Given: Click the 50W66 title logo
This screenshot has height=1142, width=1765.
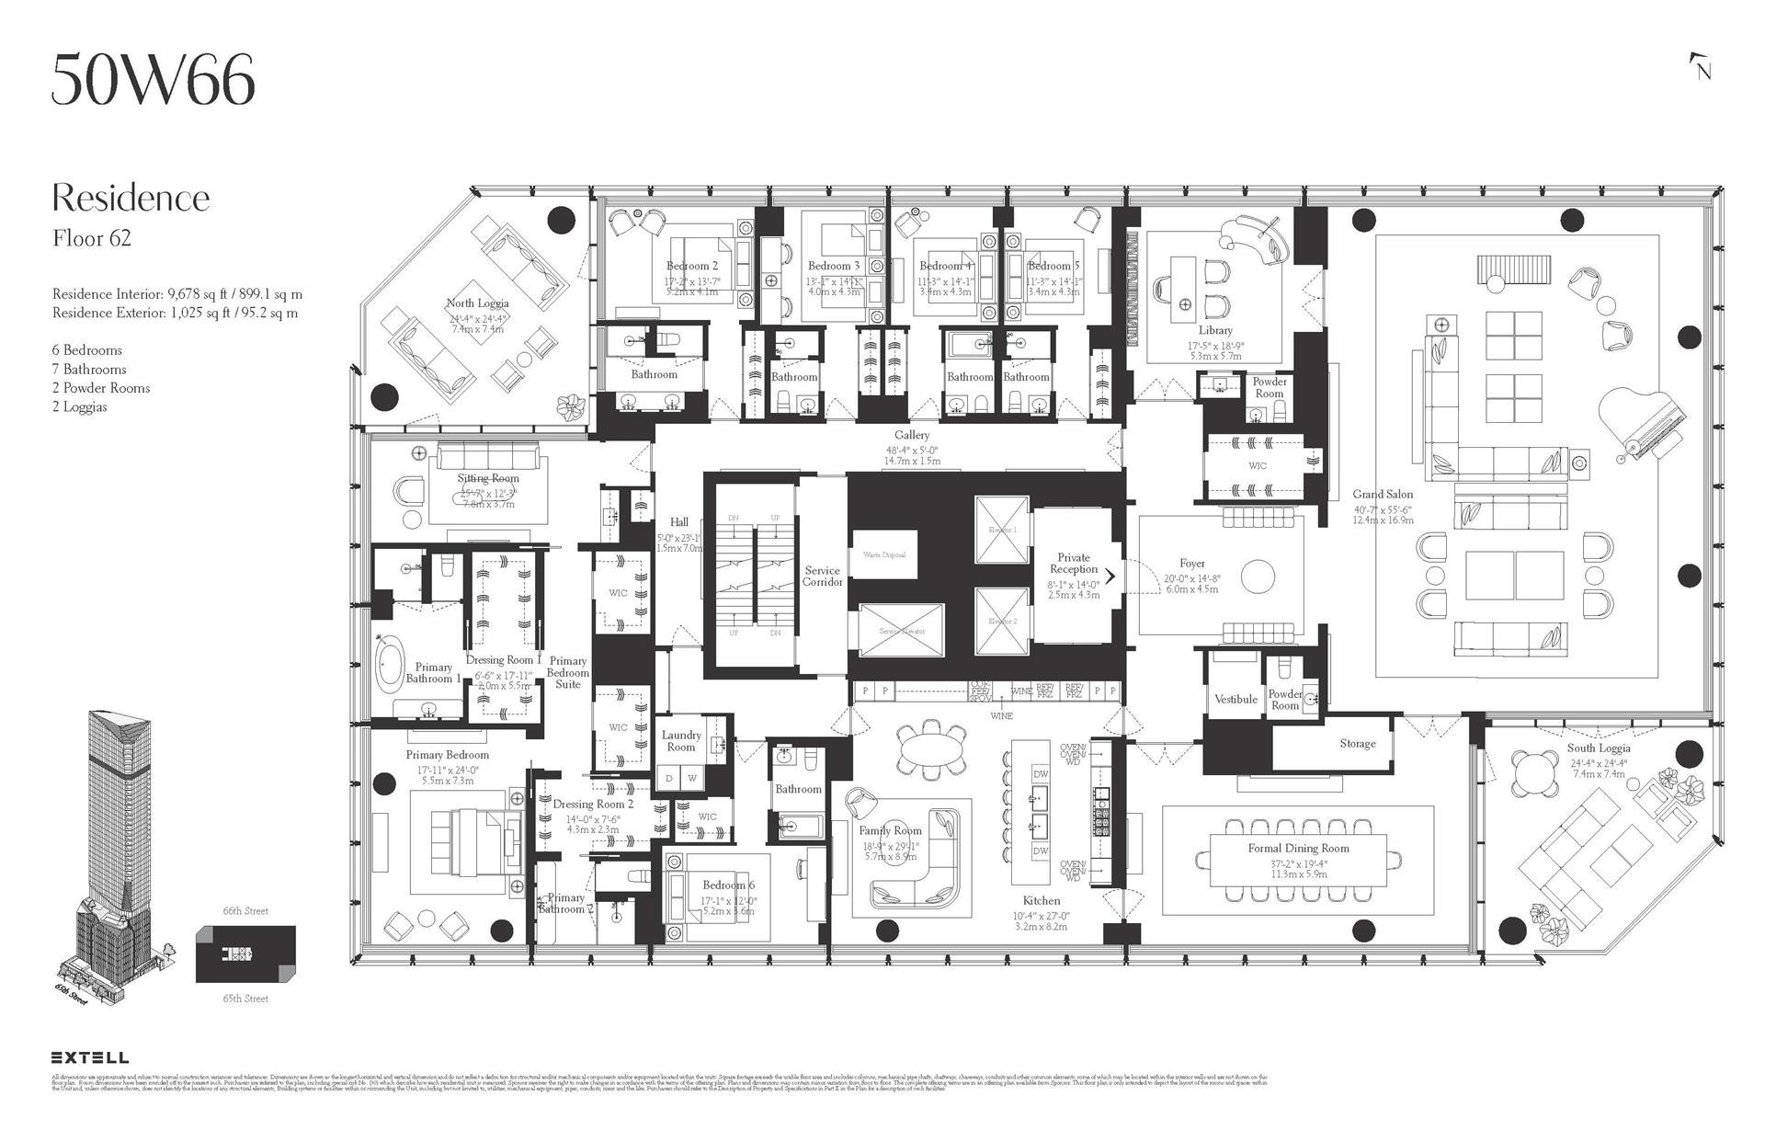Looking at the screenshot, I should [153, 80].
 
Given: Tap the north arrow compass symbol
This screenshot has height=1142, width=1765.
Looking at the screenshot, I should [1701, 67].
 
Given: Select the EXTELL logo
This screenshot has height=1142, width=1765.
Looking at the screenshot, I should [89, 1057].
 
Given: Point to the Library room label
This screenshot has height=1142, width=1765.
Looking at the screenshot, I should [1215, 330].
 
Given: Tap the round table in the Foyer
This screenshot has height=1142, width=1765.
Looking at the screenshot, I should [1258, 577].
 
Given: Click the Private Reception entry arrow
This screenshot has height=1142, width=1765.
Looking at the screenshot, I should [1110, 577].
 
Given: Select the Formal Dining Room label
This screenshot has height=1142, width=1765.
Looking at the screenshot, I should [1298, 848].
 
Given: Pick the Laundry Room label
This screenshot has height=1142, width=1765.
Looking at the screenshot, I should [681, 741].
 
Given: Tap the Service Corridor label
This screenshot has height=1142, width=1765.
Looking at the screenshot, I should [822, 577].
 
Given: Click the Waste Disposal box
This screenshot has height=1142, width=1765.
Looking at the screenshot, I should [884, 555].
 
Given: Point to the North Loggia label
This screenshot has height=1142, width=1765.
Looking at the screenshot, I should [477, 303].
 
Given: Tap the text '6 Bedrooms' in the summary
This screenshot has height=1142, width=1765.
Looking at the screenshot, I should [87, 350].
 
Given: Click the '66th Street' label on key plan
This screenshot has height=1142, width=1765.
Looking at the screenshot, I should [245, 911].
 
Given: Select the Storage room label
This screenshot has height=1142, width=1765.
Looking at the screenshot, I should [1357, 743].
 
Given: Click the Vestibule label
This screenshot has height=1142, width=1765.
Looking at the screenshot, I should [1235, 699].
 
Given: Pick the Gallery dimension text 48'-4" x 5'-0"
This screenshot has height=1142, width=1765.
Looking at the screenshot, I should [912, 449].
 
